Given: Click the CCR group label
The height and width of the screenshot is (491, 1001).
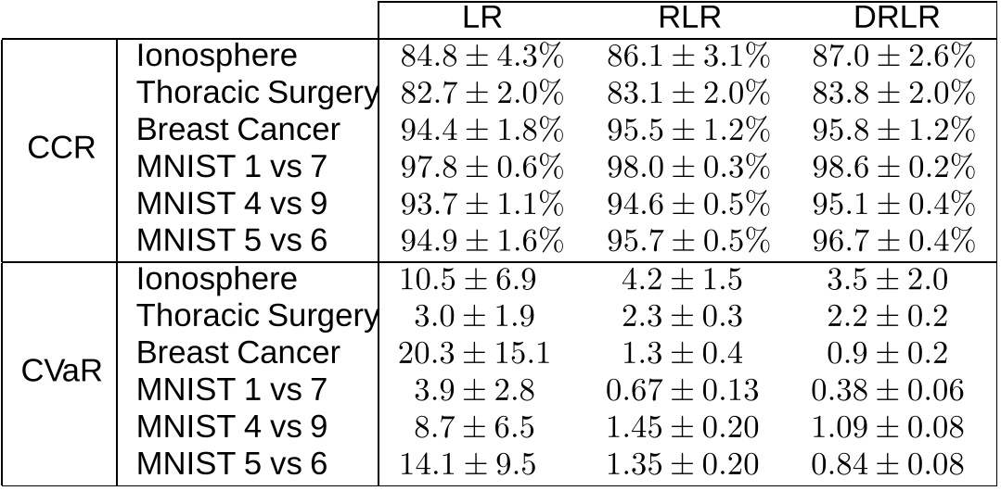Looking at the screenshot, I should pos(61,148).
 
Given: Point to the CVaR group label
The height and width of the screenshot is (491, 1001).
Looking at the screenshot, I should pos(61,371).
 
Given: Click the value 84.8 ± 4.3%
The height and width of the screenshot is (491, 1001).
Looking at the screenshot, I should pos(481,56).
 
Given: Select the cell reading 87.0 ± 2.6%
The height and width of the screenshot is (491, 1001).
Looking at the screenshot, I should pos(894,56).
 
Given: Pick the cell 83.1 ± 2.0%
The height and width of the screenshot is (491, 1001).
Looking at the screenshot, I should pos(688,93).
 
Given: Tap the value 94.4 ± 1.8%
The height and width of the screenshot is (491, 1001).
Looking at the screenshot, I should pos(481,130).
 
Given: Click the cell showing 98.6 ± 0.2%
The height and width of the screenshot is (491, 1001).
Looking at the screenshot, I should pos(894,167).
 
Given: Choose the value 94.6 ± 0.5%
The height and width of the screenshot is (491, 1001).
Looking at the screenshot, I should pos(688,204).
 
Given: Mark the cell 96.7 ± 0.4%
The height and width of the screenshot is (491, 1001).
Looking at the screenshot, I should pos(894,241).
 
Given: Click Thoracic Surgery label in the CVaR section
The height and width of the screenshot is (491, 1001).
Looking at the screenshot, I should pos(257,316).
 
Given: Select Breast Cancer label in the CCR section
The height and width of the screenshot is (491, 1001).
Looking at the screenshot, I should pos(238,130).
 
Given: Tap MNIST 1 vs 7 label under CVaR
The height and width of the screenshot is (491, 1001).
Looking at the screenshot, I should pos(232,390).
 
